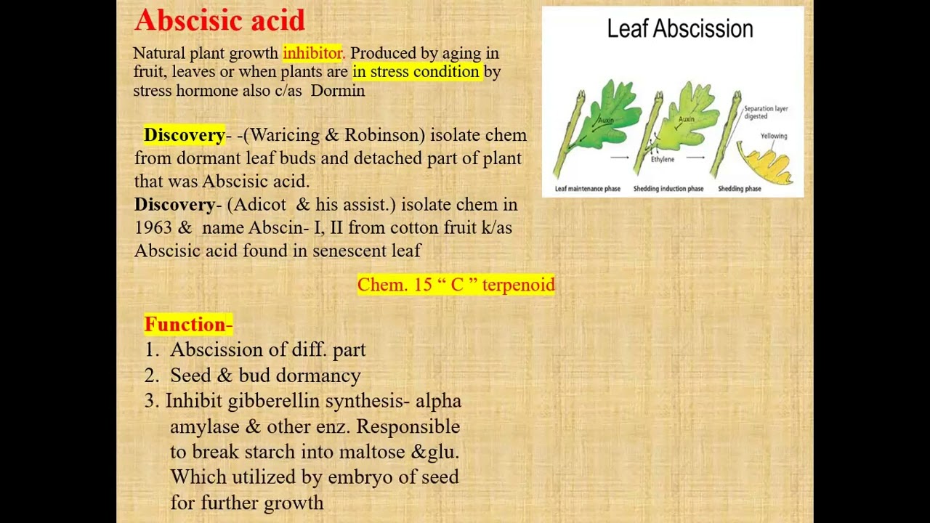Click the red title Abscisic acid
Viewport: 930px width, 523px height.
tap(219, 20)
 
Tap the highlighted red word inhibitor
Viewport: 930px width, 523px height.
tap(312, 53)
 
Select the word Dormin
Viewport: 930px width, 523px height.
tap(338, 91)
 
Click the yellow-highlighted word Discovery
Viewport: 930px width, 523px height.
tap(185, 135)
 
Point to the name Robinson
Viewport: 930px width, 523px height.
tap(384, 135)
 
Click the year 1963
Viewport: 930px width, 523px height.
tap(153, 228)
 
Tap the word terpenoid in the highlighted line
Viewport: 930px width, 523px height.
tap(518, 285)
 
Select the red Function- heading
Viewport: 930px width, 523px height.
tap(188, 325)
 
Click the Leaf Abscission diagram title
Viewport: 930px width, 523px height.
tap(679, 29)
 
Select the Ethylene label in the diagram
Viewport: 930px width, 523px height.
tap(662, 159)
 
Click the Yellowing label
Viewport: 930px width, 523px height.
tap(773, 136)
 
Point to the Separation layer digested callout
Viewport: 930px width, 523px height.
tap(765, 112)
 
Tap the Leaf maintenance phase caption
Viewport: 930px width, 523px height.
tap(587, 189)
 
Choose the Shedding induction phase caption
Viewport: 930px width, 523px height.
tap(668, 189)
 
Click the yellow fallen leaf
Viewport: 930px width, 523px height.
tap(766, 163)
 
